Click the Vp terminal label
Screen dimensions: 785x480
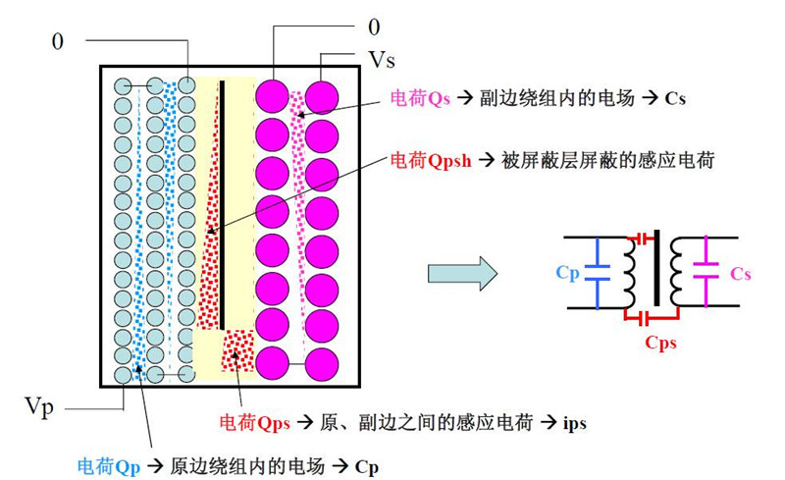pos(38,406)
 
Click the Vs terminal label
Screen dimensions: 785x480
pos(382,60)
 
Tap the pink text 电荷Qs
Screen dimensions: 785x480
pos(420,98)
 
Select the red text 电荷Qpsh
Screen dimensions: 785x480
pos(431,161)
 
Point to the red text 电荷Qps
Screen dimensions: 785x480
pos(255,423)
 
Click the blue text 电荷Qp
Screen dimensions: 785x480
pos(109,466)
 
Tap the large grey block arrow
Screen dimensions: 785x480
pos(462,273)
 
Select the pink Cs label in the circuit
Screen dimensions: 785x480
pos(741,274)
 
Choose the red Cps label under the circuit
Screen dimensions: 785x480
pos(660,343)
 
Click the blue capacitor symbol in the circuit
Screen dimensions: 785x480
pos(597,272)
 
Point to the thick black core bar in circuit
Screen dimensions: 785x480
pos(656,268)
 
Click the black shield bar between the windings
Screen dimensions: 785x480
pos(222,205)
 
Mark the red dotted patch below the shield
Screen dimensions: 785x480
pos(238,350)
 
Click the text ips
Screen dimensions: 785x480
pos(575,424)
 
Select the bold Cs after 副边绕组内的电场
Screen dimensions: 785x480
pos(675,99)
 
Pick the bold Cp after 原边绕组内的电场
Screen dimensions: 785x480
pos(367,467)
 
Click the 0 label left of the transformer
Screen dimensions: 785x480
pos(58,41)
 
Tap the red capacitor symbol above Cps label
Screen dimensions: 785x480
pos(644,237)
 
